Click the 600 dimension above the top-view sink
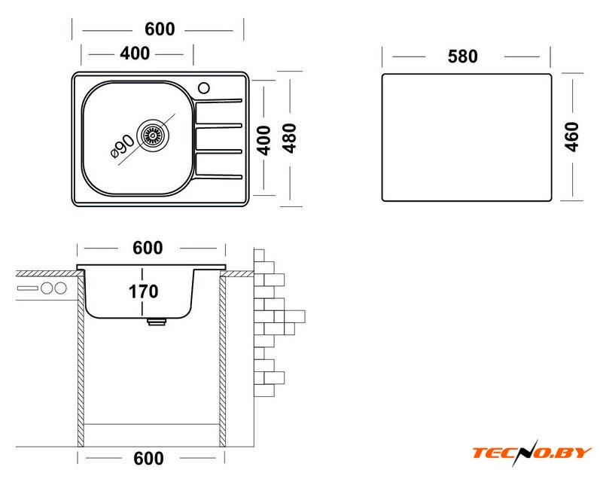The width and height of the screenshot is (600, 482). (x=160, y=29)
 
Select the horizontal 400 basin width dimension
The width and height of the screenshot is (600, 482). (x=135, y=53)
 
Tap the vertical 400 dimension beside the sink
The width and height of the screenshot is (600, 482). (x=263, y=141)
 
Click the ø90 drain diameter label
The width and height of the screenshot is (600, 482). (x=123, y=146)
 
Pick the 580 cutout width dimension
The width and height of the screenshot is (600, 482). (x=463, y=56)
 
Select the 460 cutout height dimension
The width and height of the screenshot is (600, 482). (x=571, y=137)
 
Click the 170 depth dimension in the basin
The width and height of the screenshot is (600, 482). (x=144, y=291)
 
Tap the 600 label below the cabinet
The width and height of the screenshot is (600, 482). (x=148, y=458)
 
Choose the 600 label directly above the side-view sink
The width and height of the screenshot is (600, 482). (x=148, y=248)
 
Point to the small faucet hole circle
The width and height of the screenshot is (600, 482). (x=203, y=88)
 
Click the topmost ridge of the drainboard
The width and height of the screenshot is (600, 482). (x=219, y=102)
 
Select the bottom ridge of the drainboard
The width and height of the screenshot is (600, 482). (x=219, y=176)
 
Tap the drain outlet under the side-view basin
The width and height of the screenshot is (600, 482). (x=157, y=322)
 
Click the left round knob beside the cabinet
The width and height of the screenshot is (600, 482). (x=47, y=288)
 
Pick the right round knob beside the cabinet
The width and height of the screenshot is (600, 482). (x=60, y=288)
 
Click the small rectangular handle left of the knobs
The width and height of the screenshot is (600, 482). (x=28, y=288)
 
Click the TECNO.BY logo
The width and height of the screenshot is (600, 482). (x=532, y=453)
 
